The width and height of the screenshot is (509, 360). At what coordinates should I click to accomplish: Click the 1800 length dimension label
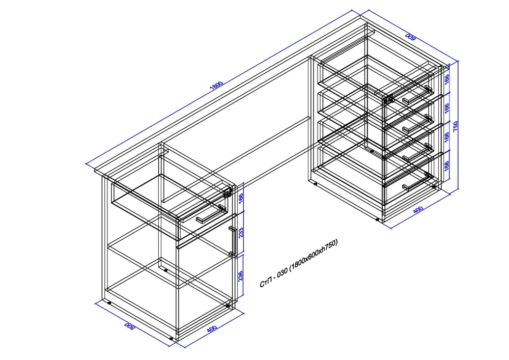point(217,85)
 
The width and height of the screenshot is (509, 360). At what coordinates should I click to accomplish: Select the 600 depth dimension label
point(410,37)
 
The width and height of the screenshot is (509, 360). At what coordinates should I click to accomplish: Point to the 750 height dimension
point(456,126)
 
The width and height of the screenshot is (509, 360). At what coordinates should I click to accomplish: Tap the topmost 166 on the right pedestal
point(447,79)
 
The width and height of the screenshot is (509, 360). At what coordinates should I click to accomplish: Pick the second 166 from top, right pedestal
point(447,108)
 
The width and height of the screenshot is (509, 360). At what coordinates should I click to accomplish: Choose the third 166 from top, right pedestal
point(447,137)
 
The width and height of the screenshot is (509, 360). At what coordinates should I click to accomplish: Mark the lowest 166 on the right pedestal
point(447,166)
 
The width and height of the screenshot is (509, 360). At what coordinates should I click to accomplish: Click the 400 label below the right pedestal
point(418,210)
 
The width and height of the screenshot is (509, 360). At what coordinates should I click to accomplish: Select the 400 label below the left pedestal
point(212,328)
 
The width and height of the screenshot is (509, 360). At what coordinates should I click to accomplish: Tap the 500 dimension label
point(129,326)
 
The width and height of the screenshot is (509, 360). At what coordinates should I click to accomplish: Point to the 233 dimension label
point(241,233)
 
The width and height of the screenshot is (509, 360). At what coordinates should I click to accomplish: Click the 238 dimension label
point(241,276)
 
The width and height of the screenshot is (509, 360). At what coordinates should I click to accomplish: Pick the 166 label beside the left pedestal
point(241,199)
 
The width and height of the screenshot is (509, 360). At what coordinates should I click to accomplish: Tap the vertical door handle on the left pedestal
point(233,241)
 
